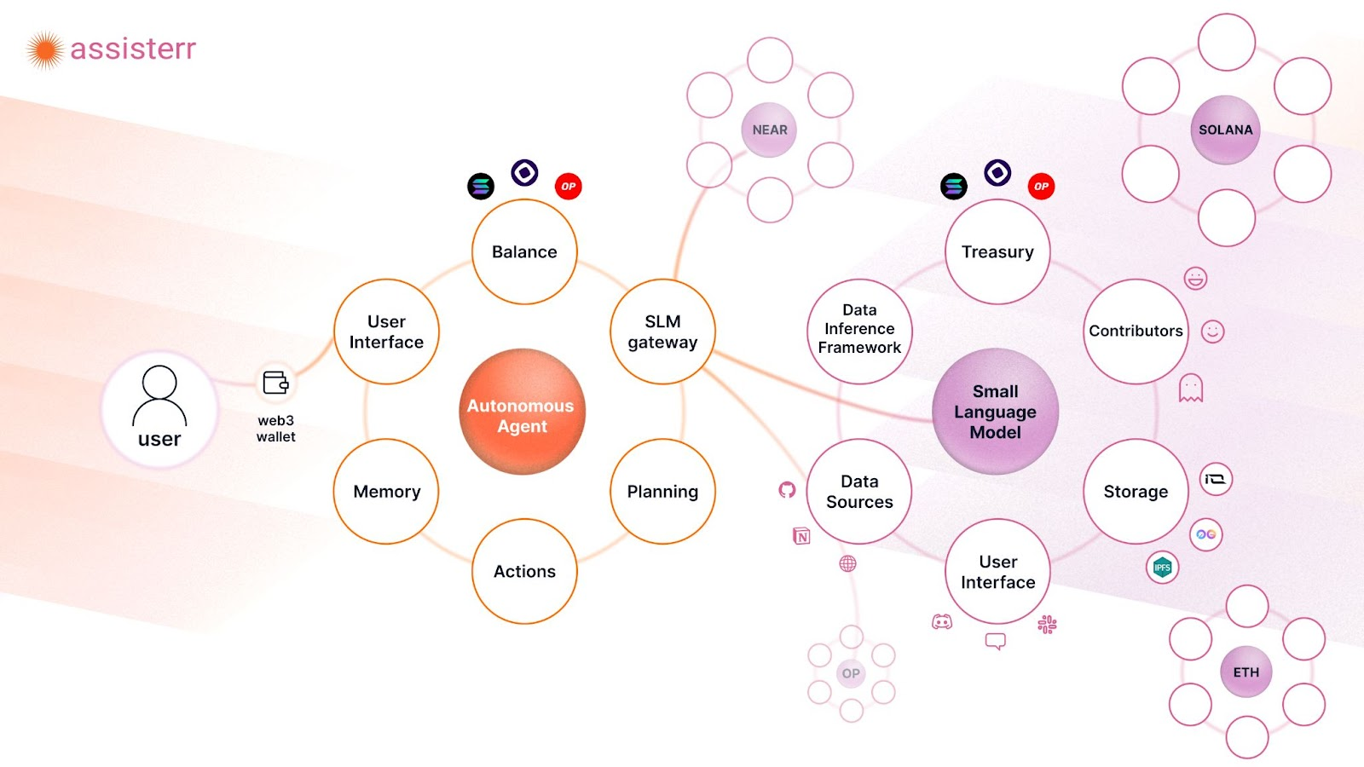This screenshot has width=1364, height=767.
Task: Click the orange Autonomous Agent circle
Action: pos(523,412)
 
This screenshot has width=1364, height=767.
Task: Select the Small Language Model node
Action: pos(996,412)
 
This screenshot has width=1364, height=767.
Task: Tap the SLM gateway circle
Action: pos(662,332)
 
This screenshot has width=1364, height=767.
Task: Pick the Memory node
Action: pos(386,491)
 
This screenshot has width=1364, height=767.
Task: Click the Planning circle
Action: pos(662,491)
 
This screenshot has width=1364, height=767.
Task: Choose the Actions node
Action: pos(524,571)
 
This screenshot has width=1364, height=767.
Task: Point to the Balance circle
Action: pos(524,251)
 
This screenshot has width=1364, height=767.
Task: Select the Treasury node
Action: pos(997,251)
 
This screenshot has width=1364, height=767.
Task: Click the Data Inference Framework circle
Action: pos(859,332)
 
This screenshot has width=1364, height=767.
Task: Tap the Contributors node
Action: pos(1136,332)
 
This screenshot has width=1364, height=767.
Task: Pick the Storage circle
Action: pos(1136,491)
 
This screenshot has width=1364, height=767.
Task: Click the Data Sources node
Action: pos(859,491)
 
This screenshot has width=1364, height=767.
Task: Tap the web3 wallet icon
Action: pos(275,383)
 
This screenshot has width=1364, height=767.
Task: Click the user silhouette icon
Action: pos(159,395)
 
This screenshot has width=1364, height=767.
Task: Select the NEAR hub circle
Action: pos(769,130)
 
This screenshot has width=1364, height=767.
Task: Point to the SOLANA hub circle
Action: pos(1226,130)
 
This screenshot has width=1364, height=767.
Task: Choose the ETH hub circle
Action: pos(1246,672)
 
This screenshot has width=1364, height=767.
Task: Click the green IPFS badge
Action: pos(1163,568)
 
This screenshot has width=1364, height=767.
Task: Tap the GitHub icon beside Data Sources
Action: pos(787,489)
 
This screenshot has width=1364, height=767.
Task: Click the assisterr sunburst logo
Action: pos(44,50)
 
